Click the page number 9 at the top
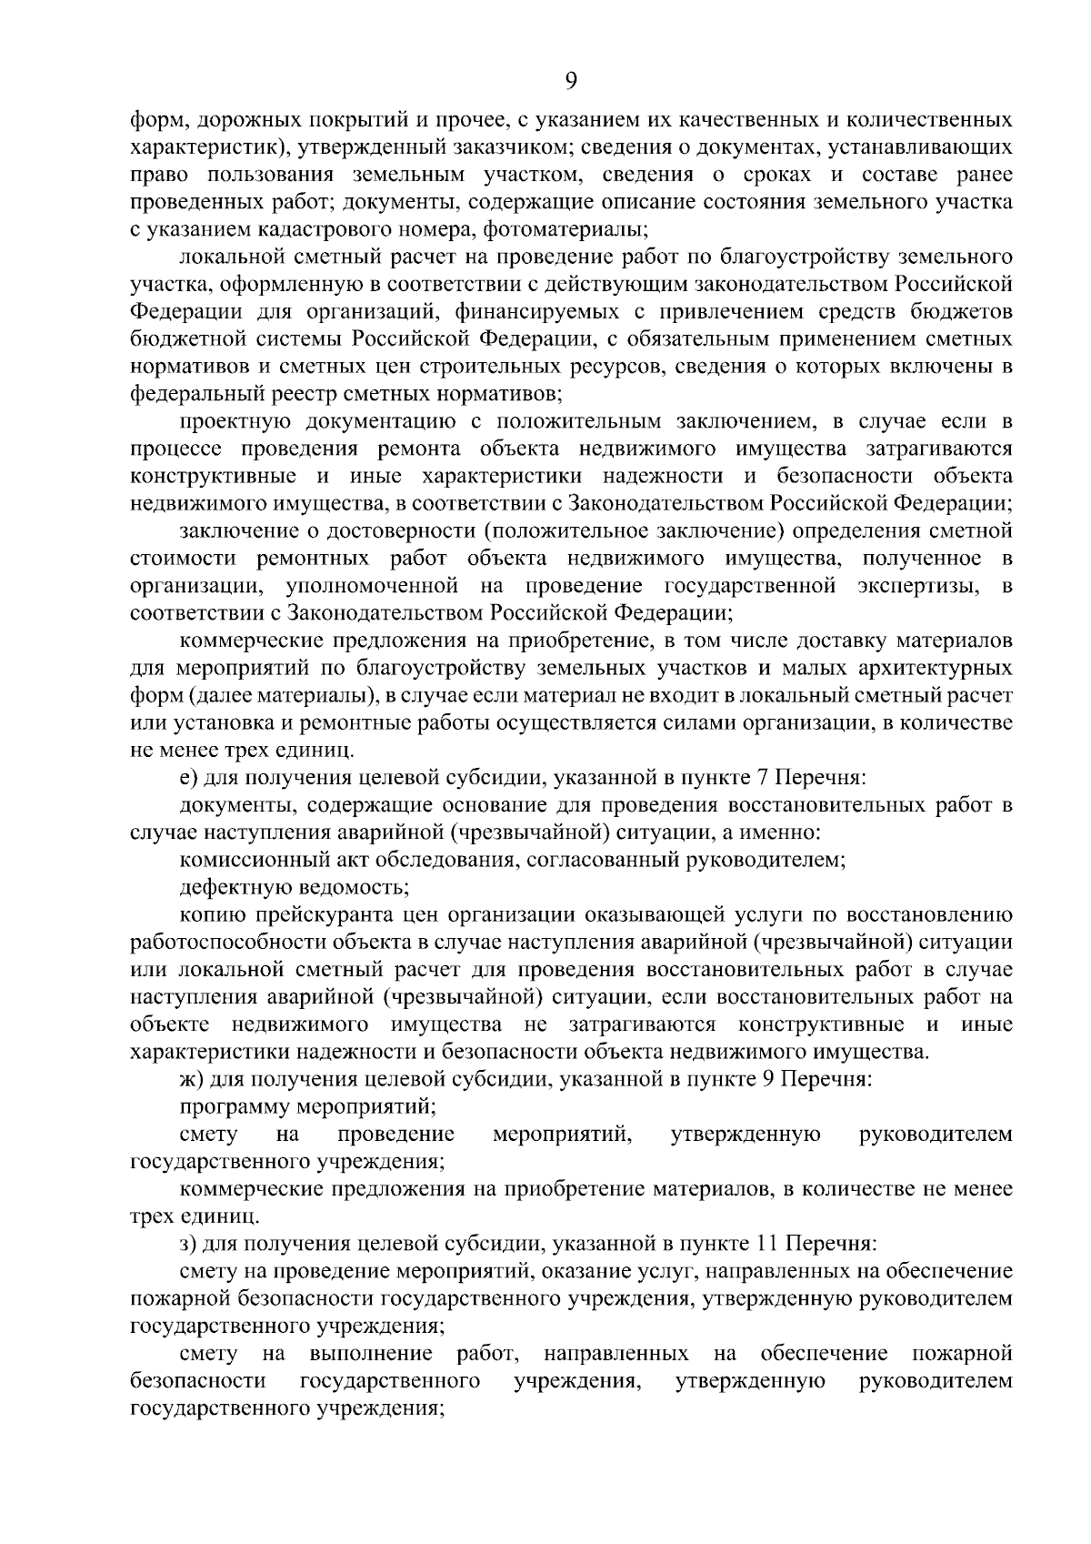tap(570, 80)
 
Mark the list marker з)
tap(188, 1243)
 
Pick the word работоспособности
tap(238, 943)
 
